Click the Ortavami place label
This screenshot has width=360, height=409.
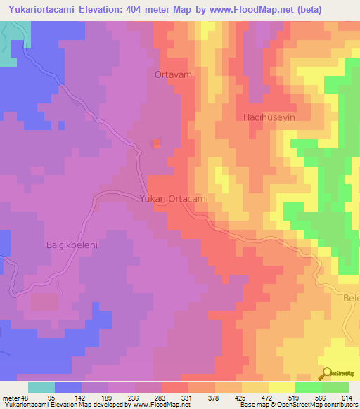pos(174,74)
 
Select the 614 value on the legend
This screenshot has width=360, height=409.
pos(347,397)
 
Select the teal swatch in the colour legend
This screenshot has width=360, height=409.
pos(41,387)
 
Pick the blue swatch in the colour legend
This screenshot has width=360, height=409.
pos(68,387)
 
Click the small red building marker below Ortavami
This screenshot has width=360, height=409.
pos(156,144)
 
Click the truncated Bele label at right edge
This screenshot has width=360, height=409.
pos(350,298)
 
